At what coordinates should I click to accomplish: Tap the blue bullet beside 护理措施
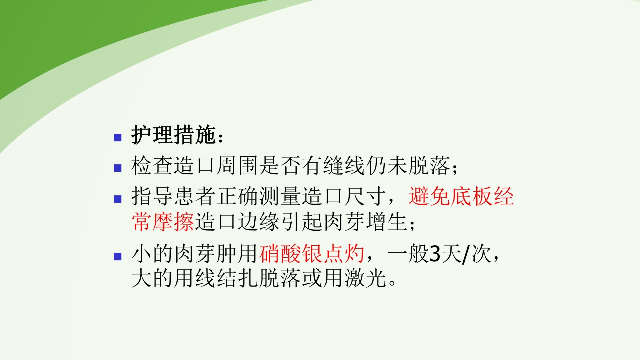pyautogui.click(x=118, y=137)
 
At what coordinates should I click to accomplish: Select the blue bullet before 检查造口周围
pyautogui.click(x=118, y=168)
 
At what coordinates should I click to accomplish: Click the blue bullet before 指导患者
pyautogui.click(x=118, y=198)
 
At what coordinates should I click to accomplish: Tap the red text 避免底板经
pyautogui.click(x=461, y=197)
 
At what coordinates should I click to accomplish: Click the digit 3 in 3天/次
pyautogui.click(x=435, y=255)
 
